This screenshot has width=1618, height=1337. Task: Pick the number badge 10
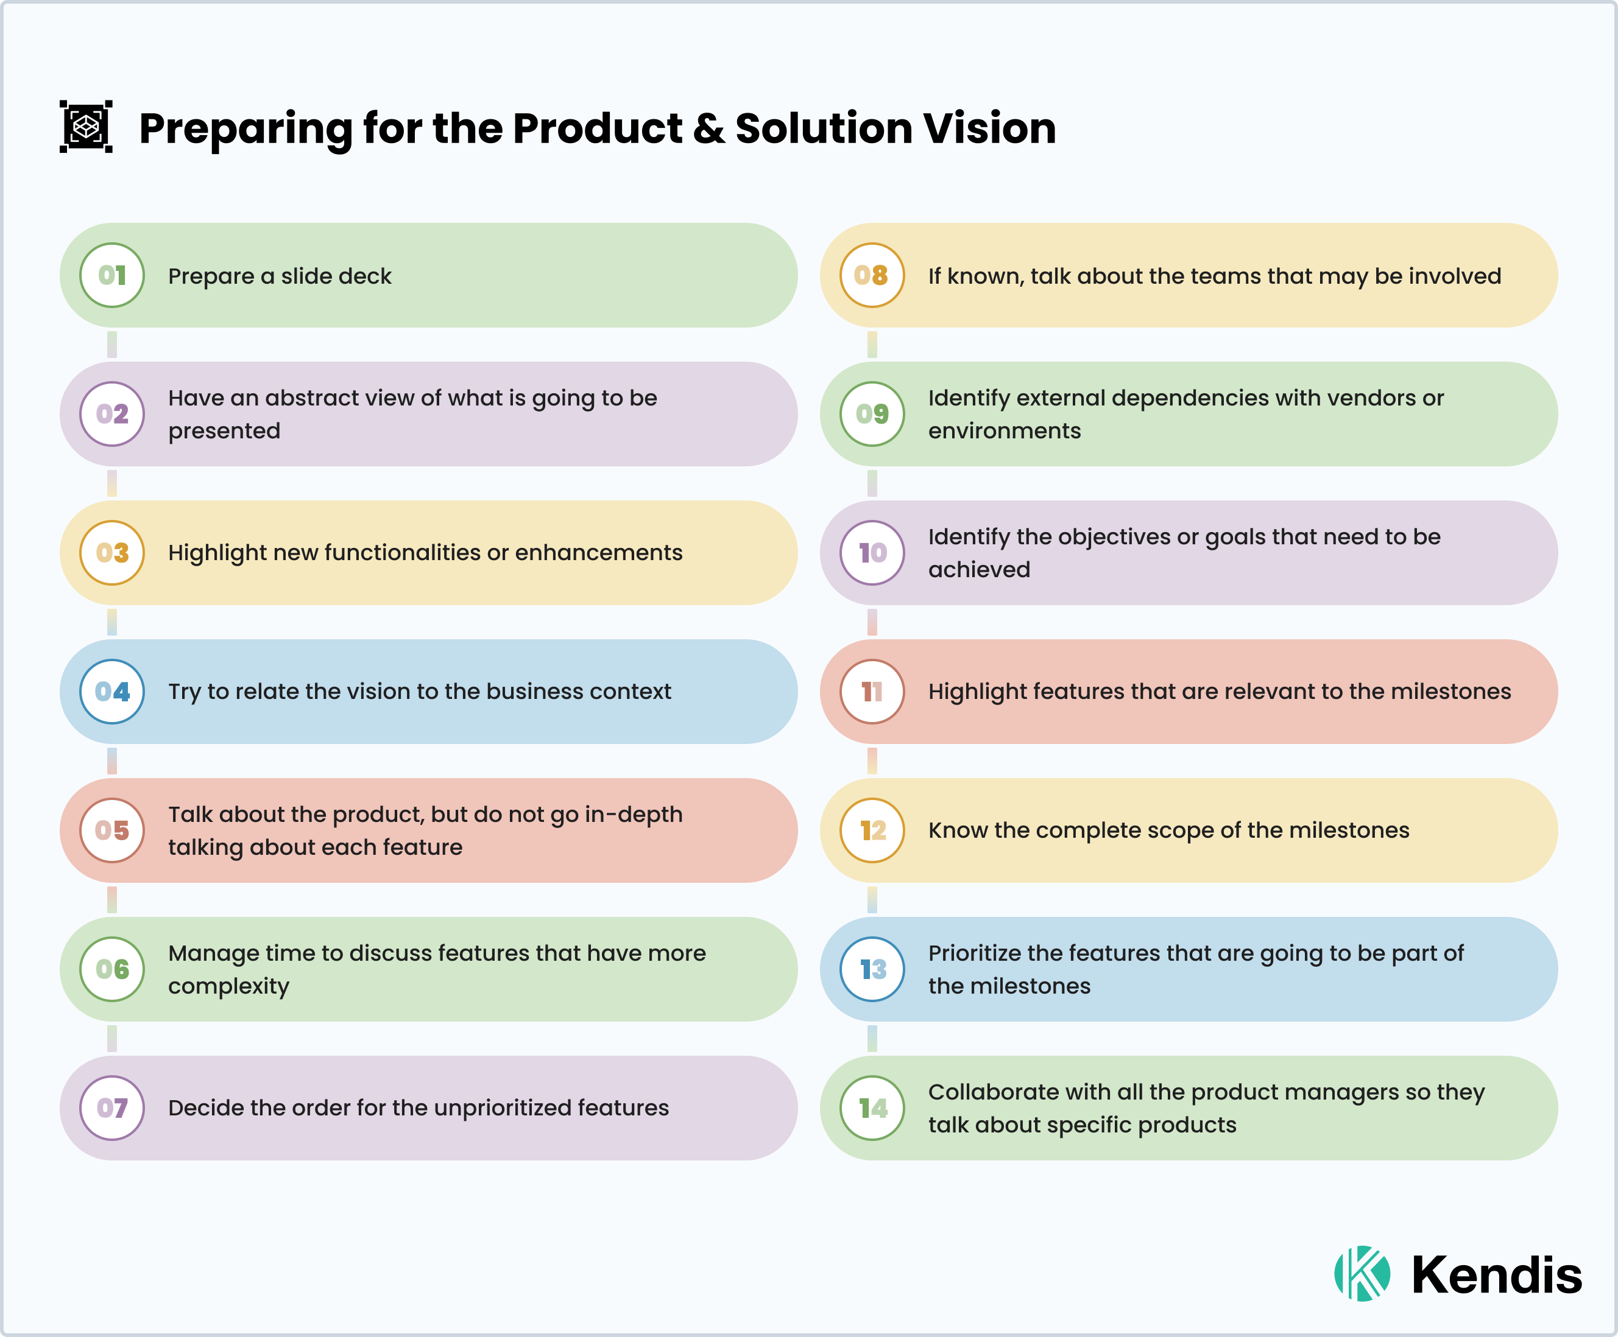pos(872,552)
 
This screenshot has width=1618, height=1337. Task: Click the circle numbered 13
pos(872,969)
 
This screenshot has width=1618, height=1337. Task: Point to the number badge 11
pos(872,692)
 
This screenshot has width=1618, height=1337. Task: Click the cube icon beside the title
pos(87,126)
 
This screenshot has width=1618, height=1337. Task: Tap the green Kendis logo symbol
pos(1362,1273)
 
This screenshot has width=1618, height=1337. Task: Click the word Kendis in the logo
pos(1496,1275)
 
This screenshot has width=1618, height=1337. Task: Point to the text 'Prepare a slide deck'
pos(280,276)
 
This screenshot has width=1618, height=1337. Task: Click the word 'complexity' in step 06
pos(229,986)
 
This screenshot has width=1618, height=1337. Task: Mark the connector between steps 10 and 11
pos(872,622)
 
